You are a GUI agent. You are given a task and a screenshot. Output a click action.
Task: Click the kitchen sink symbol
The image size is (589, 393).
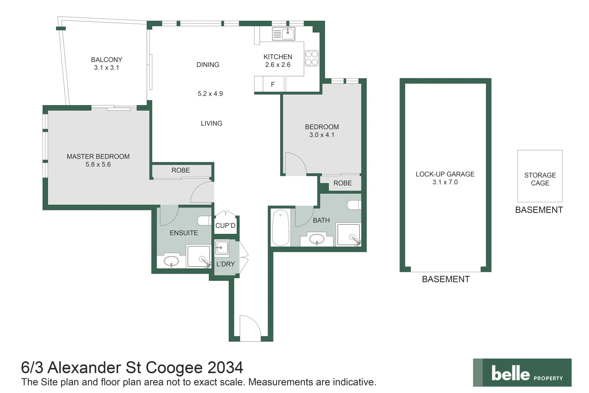pyautogui.click(x=284, y=34)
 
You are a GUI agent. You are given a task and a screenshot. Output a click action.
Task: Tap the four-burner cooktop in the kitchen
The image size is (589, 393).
pyautogui.click(x=312, y=58)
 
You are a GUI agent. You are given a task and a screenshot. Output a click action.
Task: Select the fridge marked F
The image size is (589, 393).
pyautogui.click(x=273, y=84)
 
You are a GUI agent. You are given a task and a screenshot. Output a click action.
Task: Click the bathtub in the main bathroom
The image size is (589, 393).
pyautogui.click(x=281, y=227)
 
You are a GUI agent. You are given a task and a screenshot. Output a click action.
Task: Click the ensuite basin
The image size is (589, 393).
pyautogui.click(x=171, y=261)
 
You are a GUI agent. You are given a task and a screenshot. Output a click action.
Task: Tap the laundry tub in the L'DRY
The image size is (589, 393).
pyautogui.click(x=221, y=248)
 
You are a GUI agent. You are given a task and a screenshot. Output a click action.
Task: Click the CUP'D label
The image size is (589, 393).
pyautogui.click(x=225, y=226)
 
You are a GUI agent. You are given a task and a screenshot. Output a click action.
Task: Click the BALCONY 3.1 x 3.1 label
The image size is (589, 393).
pyautogui.click(x=107, y=63)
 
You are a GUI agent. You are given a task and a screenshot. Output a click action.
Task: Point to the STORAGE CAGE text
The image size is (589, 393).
pyautogui.click(x=540, y=179)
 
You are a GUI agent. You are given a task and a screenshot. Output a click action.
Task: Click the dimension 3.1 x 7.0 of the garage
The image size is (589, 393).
pyautogui.click(x=445, y=182)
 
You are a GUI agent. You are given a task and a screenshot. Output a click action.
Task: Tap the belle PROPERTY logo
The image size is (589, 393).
pyautogui.click(x=522, y=373)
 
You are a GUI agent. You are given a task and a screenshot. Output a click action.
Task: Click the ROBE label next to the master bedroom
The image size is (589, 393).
pyautogui.click(x=181, y=170)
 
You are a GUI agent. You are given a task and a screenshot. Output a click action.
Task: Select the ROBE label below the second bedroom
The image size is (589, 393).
pyautogui.click(x=342, y=183)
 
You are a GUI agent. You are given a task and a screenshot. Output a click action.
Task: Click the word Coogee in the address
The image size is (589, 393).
pyautogui.click(x=174, y=368)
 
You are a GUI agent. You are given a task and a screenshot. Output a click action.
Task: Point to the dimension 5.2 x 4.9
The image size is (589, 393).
pyautogui.click(x=210, y=94)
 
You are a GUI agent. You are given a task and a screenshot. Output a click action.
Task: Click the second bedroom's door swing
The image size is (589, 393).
pyautogui.click(x=295, y=164)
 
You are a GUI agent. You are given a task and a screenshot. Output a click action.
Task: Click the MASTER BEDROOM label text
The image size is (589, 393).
pyautogui.click(x=98, y=156)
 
